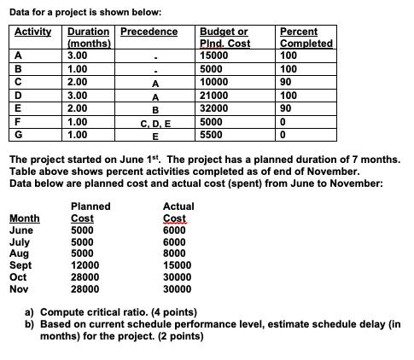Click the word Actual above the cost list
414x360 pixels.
click(x=178, y=206)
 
